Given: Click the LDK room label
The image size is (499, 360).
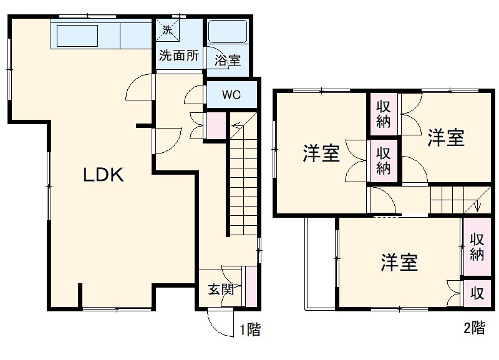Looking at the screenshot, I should tap(104, 175).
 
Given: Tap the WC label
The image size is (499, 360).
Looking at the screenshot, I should tap(231, 95).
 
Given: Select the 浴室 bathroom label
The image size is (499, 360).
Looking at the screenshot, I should tap(228, 61).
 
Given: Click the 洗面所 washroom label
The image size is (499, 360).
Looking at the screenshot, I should tap(179, 55).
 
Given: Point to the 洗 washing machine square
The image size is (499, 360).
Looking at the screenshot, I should tap(167, 29).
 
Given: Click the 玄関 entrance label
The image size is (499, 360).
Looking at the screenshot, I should tap(220, 289).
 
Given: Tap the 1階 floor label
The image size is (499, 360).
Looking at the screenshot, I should tap(249, 329).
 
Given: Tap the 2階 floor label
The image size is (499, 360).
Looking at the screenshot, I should tap(473, 327).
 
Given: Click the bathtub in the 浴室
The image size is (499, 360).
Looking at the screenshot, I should tap(228, 32).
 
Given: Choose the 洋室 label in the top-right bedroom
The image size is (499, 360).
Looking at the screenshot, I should tap(446, 138).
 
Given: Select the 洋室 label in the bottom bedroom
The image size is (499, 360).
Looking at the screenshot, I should tap(400, 262).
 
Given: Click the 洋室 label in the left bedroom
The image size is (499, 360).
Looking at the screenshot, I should tap(321, 153).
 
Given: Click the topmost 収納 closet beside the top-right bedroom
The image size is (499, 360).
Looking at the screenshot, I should tap(384, 114).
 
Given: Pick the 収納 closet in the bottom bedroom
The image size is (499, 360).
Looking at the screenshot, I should tap(477, 246).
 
